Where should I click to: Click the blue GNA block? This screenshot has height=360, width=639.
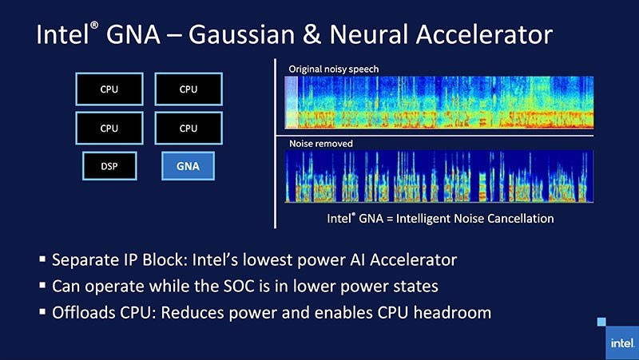[188, 167]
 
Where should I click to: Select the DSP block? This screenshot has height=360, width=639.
[109, 166]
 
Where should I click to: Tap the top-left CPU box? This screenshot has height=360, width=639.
[109, 89]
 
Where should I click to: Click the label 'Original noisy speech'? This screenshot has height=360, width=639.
[333, 69]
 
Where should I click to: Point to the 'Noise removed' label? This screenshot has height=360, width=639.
[320, 144]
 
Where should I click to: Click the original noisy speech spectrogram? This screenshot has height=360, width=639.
[439, 102]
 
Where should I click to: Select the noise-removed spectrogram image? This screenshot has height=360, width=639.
[439, 177]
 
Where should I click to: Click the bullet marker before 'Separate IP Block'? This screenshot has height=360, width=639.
[42, 260]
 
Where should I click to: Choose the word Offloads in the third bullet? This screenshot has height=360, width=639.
[84, 311]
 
